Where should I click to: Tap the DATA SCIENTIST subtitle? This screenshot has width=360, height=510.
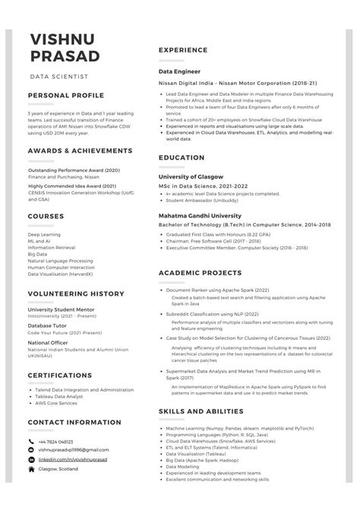(x=59, y=77)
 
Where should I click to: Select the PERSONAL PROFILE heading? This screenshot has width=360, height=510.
(x=65, y=97)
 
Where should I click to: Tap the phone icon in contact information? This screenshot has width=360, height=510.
(x=31, y=442)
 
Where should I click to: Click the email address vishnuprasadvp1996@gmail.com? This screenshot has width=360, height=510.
(x=74, y=451)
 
